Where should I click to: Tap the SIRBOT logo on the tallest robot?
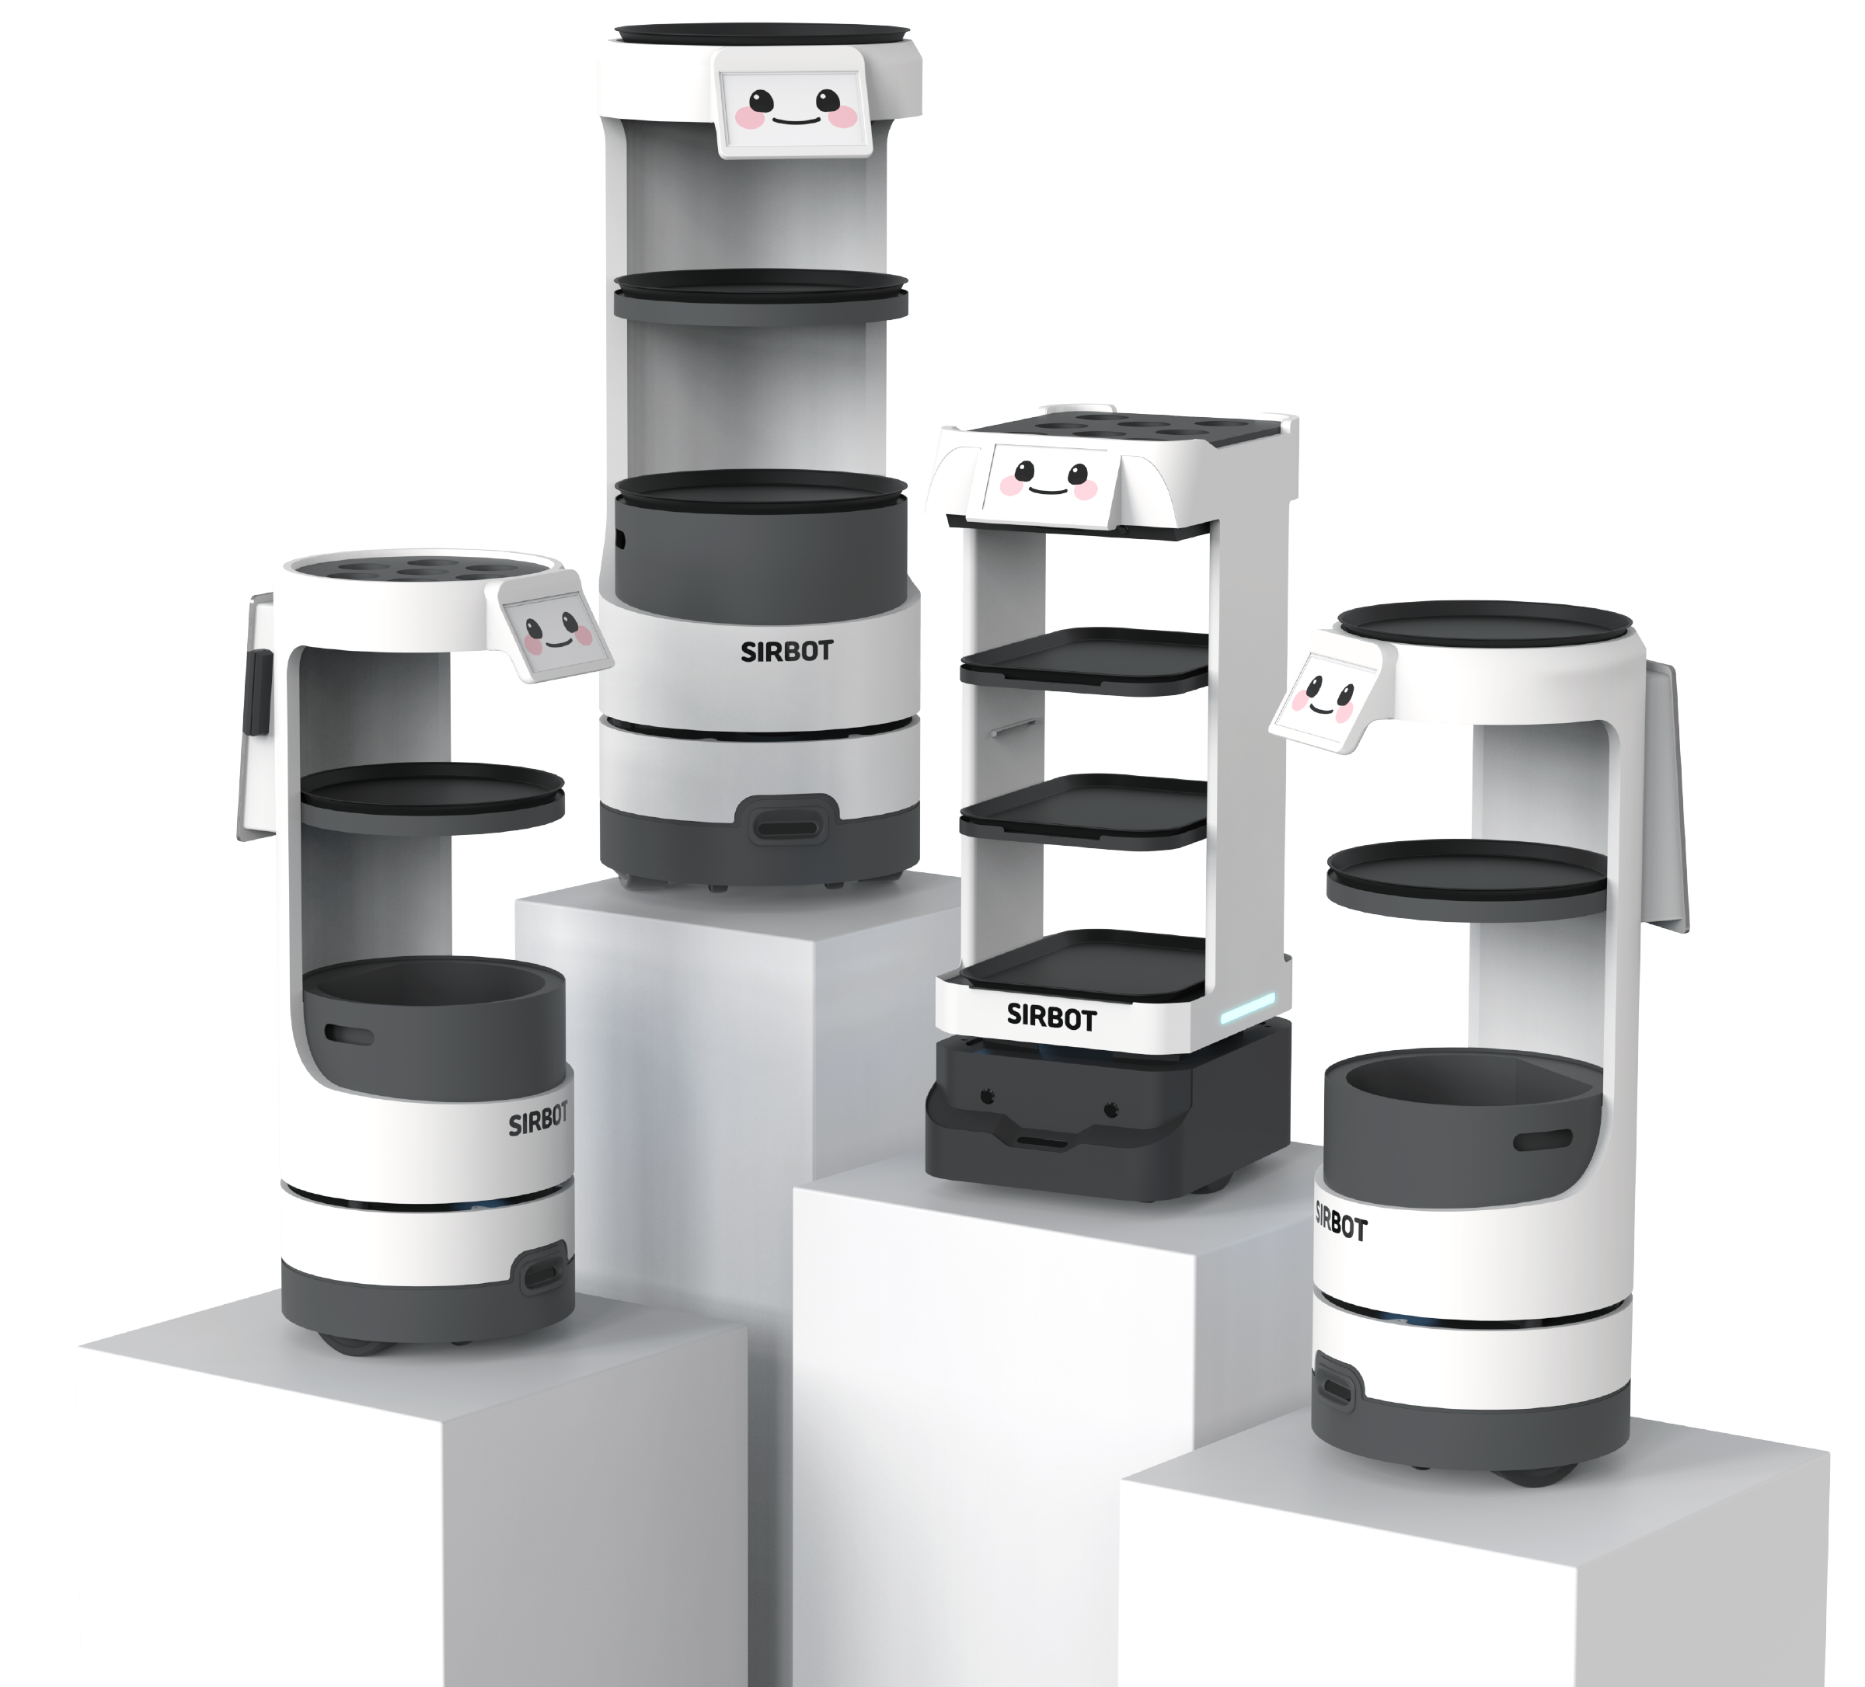[786, 651]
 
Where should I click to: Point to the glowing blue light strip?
[1248, 1009]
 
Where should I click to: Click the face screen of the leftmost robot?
[558, 634]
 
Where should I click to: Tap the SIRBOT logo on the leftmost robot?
[539, 1120]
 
